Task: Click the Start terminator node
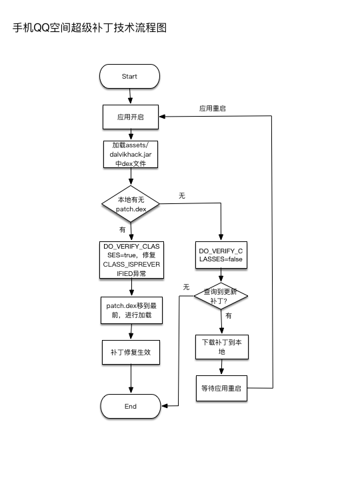tap(129, 76)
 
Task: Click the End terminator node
tap(130, 406)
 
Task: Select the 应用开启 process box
tap(130, 116)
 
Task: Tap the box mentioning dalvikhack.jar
tap(130, 154)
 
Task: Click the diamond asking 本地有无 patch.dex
tap(131, 204)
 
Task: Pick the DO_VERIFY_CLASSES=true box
tap(130, 260)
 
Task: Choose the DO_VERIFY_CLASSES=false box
tap(221, 255)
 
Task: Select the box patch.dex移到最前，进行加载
tap(130, 310)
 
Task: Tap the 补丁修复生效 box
tap(130, 352)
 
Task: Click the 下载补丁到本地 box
tap(221, 346)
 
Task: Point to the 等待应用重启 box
tap(221, 387)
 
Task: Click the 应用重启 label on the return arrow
tap(211, 108)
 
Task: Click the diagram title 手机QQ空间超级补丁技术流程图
tap(89, 28)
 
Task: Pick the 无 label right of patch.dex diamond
tap(181, 195)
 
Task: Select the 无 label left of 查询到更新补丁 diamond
tap(186, 287)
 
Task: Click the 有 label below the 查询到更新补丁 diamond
tap(229, 316)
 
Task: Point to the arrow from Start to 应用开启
tap(130, 97)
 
